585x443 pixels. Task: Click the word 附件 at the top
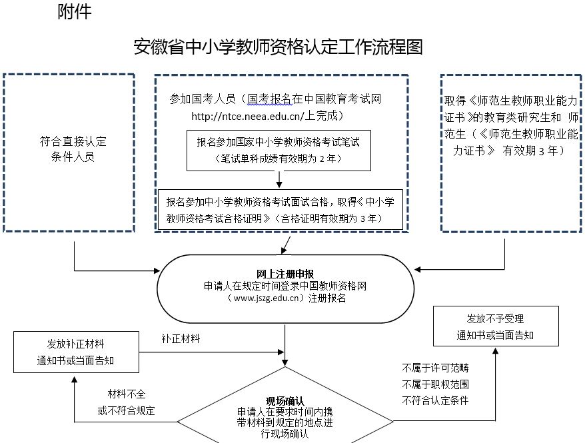(x=74, y=13)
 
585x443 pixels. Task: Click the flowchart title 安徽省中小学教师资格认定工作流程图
(x=279, y=47)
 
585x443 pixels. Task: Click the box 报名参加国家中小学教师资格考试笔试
(x=279, y=142)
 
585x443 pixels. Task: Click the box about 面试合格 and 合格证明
(x=280, y=209)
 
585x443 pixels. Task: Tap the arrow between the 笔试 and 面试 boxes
(x=279, y=179)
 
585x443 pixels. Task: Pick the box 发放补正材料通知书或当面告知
(x=75, y=352)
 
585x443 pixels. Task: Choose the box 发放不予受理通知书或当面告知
(x=495, y=326)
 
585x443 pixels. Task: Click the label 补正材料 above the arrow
(x=181, y=338)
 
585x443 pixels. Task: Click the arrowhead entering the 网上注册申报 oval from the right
(x=418, y=270)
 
